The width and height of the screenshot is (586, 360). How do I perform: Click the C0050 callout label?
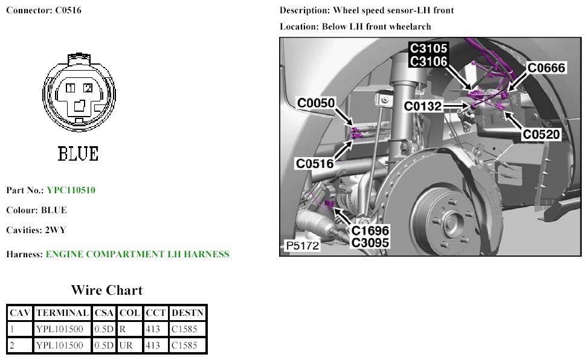[x=316, y=103]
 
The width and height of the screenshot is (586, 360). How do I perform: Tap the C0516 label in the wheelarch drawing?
[x=314, y=163]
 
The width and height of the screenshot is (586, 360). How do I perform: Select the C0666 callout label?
[x=546, y=68]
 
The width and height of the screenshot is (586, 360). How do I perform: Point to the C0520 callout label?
[x=541, y=135]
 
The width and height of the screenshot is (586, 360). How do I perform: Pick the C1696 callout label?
[x=370, y=231]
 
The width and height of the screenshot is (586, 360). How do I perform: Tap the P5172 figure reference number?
[x=302, y=246]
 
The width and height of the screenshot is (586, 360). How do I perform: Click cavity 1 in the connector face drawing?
[x=71, y=88]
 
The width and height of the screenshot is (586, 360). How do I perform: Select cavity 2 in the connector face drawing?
[x=88, y=88]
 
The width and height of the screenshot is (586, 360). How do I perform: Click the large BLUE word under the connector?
[x=78, y=154]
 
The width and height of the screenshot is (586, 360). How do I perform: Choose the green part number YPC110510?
[x=71, y=190]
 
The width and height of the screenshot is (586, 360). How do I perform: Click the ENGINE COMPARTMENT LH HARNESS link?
[x=137, y=254]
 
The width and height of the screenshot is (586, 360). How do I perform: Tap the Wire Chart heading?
[x=107, y=290]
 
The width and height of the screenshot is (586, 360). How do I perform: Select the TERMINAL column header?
[x=63, y=313]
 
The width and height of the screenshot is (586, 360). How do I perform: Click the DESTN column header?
[x=188, y=313]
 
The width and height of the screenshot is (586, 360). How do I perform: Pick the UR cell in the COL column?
[x=124, y=346]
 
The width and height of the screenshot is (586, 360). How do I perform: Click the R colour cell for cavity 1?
[x=122, y=329]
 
